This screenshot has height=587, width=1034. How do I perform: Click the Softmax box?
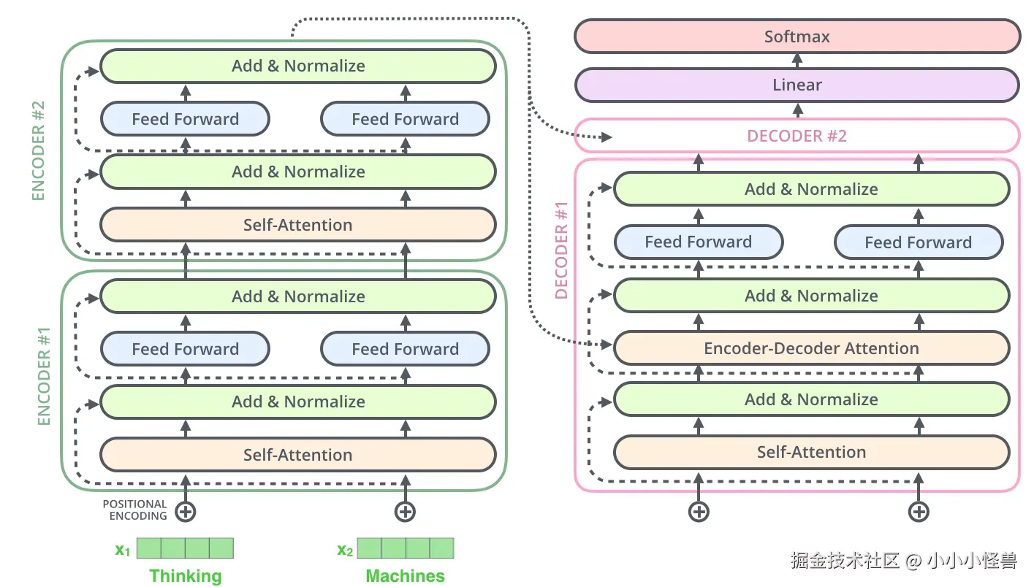[x=797, y=37]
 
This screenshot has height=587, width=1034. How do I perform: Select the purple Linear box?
[x=797, y=85]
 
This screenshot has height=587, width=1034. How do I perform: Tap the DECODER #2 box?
[x=797, y=136]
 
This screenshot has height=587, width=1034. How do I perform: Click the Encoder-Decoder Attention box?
[x=811, y=348]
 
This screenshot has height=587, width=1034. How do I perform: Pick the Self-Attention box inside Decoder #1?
[x=811, y=452]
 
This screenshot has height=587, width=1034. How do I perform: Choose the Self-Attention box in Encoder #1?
[x=298, y=455]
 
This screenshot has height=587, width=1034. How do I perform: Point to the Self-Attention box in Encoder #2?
[x=298, y=225]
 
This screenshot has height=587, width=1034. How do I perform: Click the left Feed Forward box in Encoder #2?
[x=185, y=119]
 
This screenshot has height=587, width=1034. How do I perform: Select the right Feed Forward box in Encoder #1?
[x=405, y=349]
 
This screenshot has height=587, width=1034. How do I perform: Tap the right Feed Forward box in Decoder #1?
[x=918, y=242]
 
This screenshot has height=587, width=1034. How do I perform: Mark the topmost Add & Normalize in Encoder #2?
[x=298, y=66]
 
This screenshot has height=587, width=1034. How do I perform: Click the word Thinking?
[x=185, y=576]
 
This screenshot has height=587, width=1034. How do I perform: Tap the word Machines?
[x=405, y=576]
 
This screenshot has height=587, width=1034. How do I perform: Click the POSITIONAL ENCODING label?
[x=135, y=510]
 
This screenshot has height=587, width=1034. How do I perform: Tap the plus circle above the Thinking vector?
[x=186, y=512]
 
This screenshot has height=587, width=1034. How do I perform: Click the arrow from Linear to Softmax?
[x=797, y=61]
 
